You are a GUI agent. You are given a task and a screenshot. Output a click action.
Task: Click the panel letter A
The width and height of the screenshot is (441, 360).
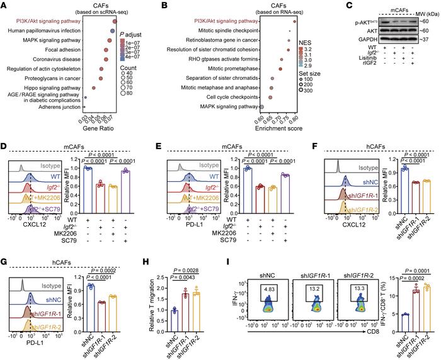[5, 6]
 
